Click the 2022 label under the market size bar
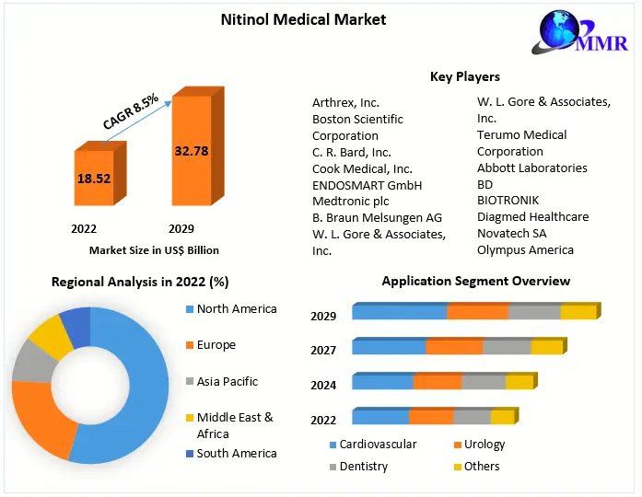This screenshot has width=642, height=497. click(x=84, y=228)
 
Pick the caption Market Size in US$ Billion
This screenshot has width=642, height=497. click(x=154, y=249)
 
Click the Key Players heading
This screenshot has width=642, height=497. click(x=465, y=76)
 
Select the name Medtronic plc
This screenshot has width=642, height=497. click(x=351, y=201)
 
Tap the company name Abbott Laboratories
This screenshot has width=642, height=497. click(x=531, y=168)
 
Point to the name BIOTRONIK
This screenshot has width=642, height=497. click(x=508, y=200)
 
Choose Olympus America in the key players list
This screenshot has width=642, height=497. click(x=525, y=249)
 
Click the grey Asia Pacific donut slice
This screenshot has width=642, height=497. click(x=31, y=361)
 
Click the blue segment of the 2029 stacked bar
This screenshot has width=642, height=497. click(x=399, y=313)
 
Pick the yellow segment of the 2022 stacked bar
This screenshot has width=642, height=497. click(x=502, y=417)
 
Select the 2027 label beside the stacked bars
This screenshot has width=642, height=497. click(x=323, y=350)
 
